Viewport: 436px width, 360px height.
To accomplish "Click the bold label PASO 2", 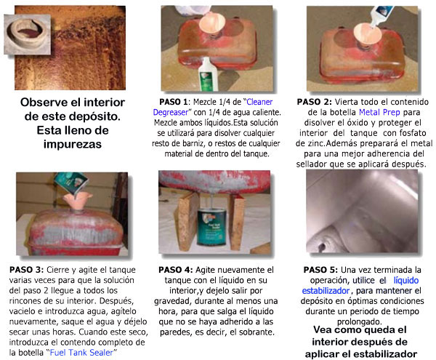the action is tap(314, 102).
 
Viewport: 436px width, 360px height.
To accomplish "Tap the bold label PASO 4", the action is tap(175, 270).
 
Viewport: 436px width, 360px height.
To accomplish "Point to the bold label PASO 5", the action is tap(320, 270).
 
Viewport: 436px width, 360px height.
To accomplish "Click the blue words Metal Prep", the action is tap(379, 112).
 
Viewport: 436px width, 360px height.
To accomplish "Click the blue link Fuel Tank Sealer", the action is tap(81, 353).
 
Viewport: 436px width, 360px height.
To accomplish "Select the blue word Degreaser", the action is tap(171, 113).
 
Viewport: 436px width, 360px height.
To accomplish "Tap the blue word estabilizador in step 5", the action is tap(326, 291).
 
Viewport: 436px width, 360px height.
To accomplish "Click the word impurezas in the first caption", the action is tap(72, 144).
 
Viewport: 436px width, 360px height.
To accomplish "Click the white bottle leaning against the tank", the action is tap(208, 74).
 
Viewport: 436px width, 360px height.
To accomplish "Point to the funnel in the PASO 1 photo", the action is tap(212, 24).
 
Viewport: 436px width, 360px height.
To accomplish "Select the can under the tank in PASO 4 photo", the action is tap(211, 227).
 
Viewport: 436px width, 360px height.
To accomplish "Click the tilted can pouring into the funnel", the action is tap(70, 183).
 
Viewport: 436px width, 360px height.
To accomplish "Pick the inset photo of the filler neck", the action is tap(28, 34).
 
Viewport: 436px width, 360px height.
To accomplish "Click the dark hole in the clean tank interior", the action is tap(322, 247).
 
